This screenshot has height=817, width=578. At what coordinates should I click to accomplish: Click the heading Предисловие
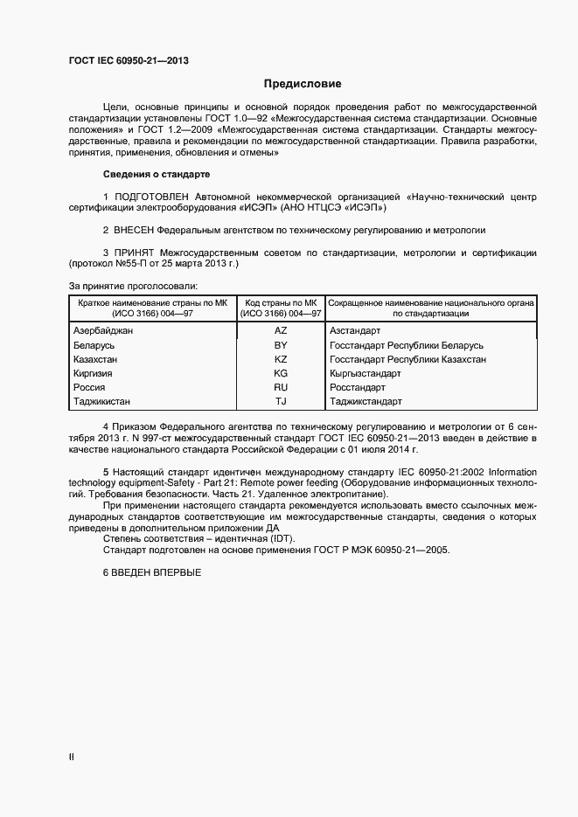click(303, 84)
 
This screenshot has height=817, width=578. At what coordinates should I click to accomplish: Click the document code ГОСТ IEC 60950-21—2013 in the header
click(129, 61)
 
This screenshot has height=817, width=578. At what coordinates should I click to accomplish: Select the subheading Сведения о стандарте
click(157, 174)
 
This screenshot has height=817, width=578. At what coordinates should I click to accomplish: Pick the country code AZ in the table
click(281, 331)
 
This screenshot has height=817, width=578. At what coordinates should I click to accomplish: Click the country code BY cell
click(281, 345)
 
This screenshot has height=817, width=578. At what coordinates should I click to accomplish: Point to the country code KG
click(281, 373)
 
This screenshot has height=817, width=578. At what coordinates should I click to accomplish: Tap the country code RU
click(281, 387)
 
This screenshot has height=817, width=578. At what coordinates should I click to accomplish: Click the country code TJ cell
click(281, 402)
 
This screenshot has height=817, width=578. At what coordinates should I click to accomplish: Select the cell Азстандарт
click(354, 331)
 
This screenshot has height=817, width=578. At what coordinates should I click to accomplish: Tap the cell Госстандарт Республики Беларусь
click(406, 345)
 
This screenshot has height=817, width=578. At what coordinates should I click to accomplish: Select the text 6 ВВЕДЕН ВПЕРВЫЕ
click(152, 571)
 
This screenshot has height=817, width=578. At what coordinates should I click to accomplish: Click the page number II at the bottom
click(72, 758)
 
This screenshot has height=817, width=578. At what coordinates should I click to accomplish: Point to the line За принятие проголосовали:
click(133, 286)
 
